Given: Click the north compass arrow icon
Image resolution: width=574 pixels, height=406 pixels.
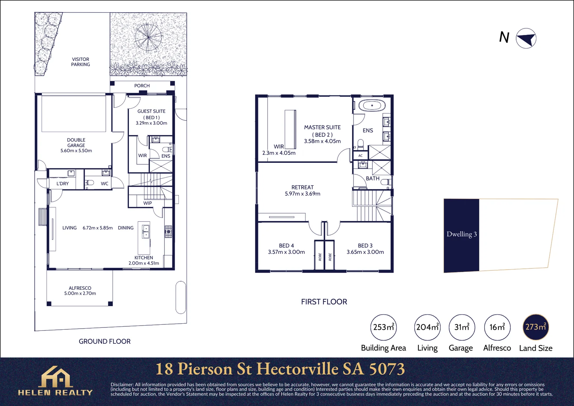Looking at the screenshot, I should click(526, 38).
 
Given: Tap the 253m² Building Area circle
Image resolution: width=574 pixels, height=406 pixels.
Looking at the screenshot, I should click(383, 327).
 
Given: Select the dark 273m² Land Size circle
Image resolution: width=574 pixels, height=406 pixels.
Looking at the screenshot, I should click(536, 327).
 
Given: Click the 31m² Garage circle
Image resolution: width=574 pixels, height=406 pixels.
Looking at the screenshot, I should click(462, 327).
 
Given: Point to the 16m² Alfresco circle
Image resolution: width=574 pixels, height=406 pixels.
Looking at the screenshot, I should click(497, 327).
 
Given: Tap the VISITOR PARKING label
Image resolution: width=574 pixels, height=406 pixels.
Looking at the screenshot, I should click(80, 62).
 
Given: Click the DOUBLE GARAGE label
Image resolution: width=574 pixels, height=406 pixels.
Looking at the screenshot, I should click(76, 142).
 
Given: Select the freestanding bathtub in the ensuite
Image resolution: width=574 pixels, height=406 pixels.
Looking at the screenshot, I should click(372, 106).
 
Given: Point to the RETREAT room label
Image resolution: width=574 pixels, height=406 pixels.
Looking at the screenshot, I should click(302, 187).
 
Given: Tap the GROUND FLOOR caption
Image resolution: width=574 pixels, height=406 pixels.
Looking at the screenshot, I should click(104, 341).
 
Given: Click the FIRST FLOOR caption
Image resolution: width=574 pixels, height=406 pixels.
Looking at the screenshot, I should click(324, 302).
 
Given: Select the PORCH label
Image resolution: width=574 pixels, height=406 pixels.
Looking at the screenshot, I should click(142, 86).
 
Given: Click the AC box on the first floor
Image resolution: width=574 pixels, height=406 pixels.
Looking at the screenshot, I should click(360, 155).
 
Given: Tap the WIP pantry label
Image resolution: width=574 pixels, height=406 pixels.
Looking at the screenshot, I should click(148, 203).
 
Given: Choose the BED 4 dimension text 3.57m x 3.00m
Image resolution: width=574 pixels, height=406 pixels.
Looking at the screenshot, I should click(286, 252).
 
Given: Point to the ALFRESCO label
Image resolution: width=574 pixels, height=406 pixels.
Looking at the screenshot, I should click(80, 288).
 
